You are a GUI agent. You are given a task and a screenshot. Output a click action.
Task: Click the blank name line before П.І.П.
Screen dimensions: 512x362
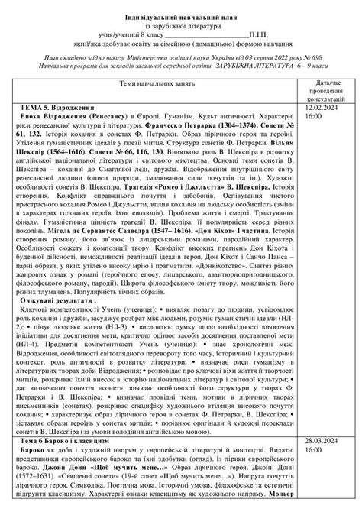206,36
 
